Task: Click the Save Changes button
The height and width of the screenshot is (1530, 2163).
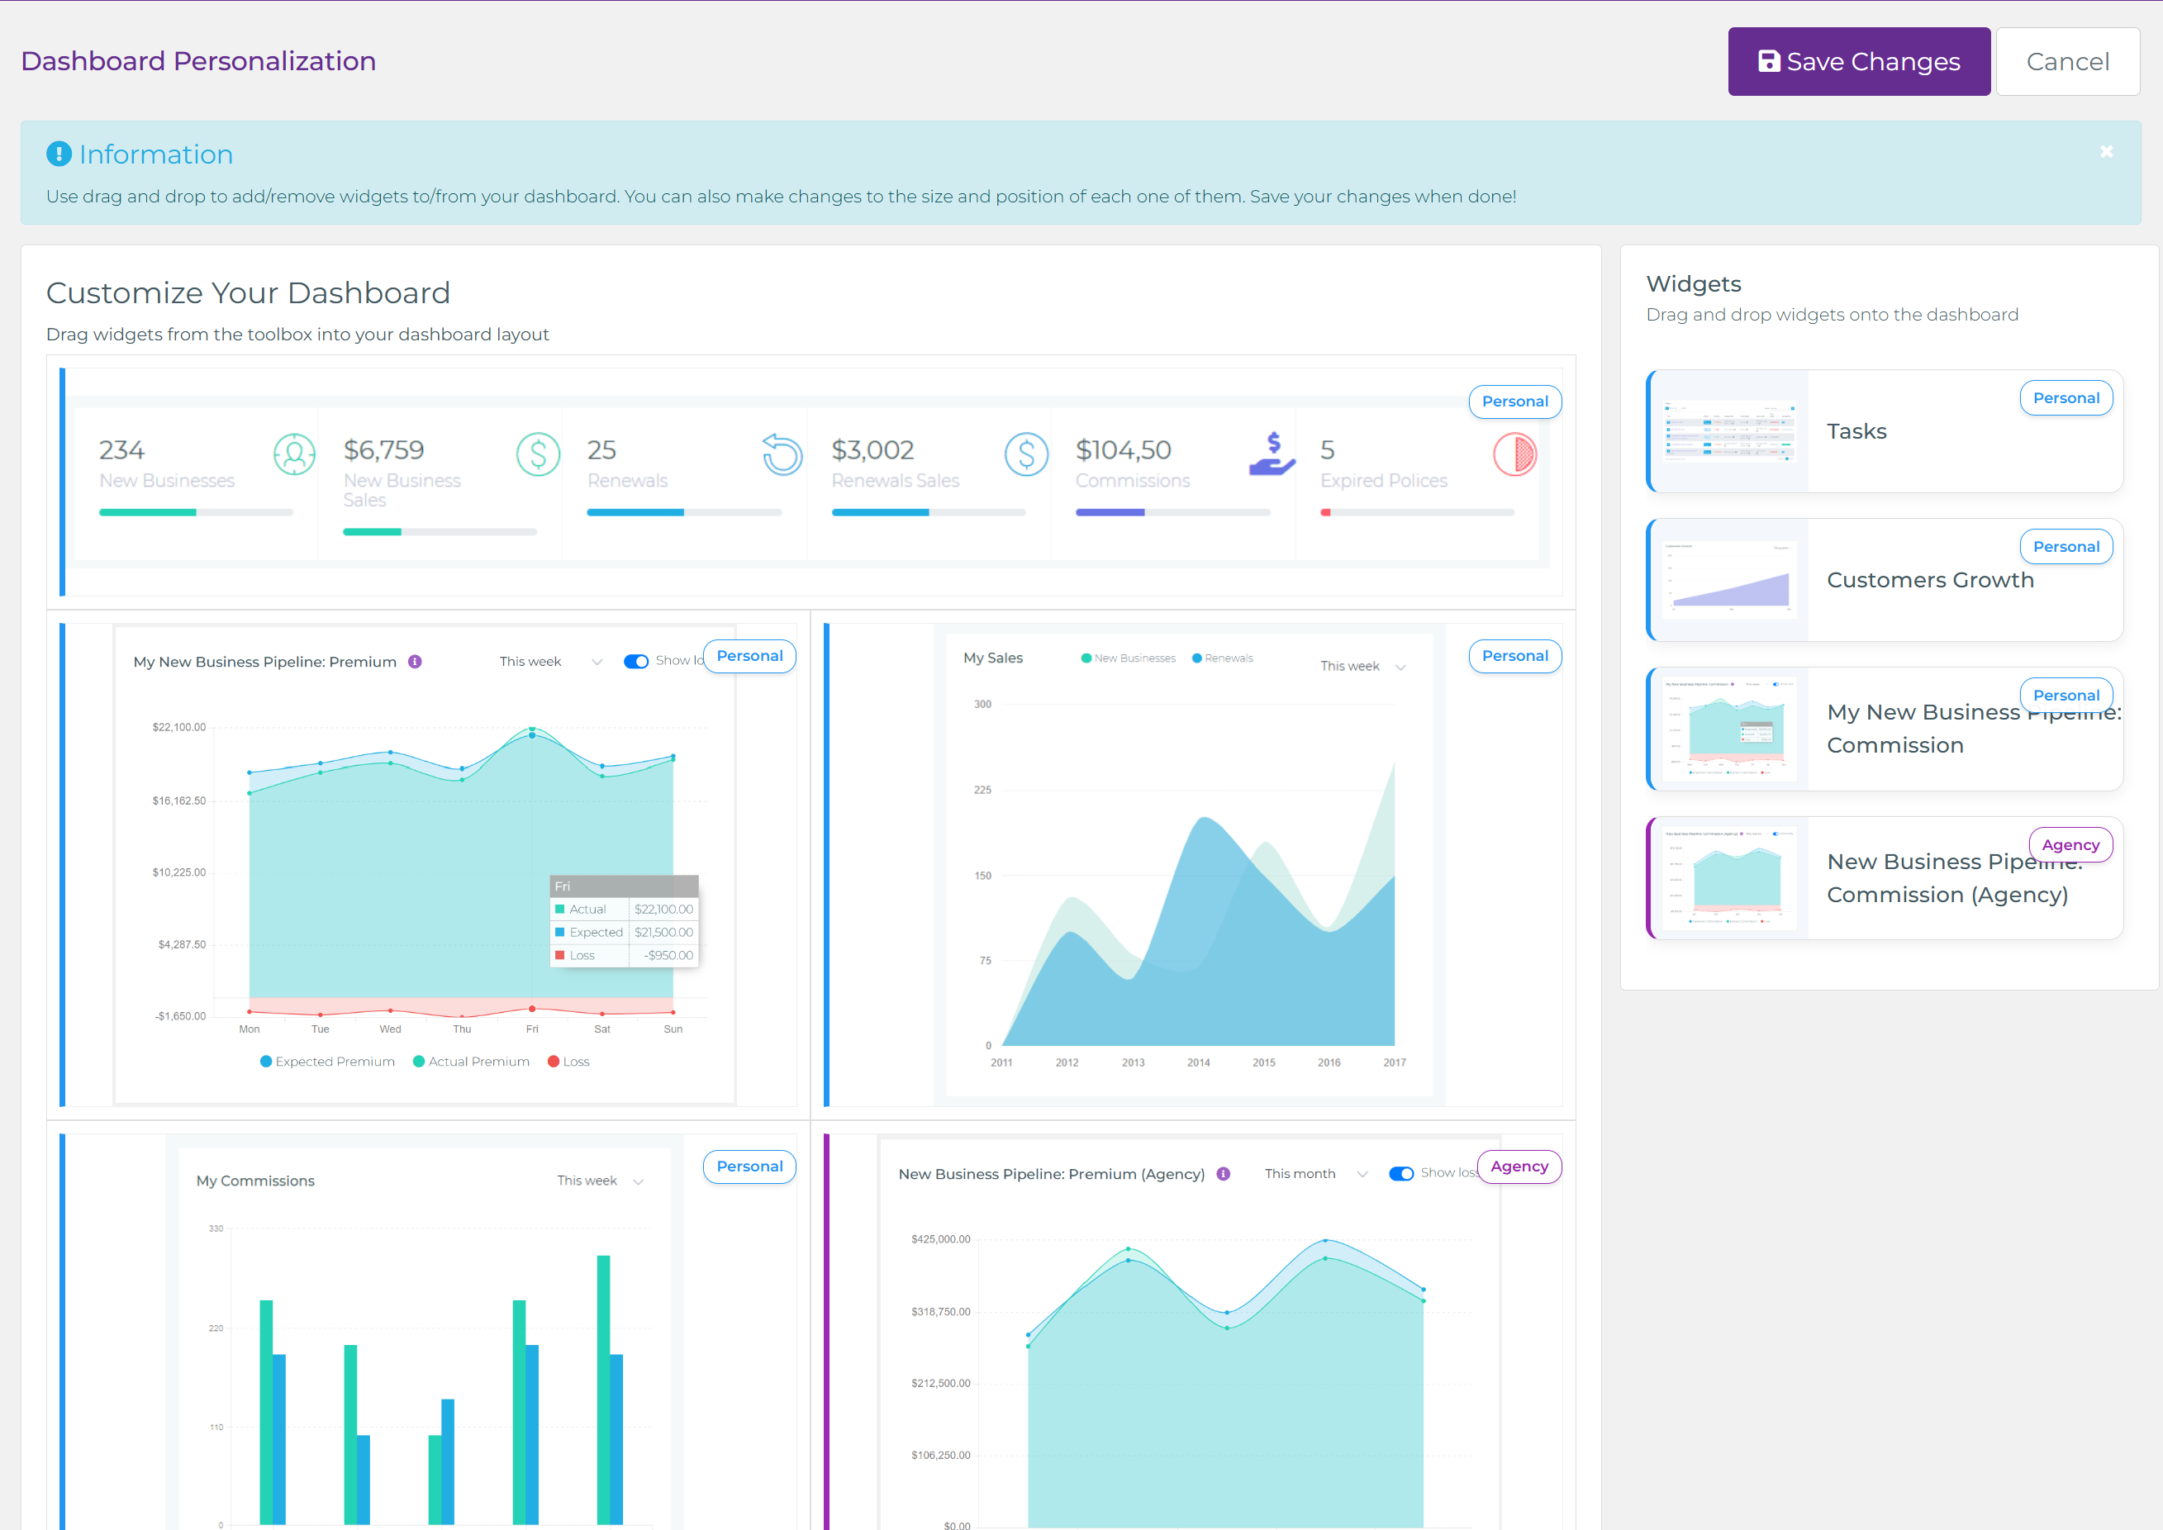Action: (1858, 61)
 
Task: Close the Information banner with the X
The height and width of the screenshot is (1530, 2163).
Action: (2107, 152)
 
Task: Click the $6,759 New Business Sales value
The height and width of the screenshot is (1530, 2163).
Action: (383, 450)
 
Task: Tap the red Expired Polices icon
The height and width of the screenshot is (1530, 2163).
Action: (1514, 454)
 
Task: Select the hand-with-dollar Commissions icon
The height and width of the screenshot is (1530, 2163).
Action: (1271, 454)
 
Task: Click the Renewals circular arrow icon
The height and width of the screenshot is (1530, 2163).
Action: (782, 454)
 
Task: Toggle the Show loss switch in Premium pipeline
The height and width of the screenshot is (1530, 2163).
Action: (636, 662)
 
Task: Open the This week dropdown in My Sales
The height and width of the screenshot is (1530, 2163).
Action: (1362, 666)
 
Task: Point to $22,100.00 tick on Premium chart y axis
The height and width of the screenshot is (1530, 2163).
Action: (179, 727)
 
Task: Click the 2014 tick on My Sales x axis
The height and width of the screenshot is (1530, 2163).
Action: (1198, 1062)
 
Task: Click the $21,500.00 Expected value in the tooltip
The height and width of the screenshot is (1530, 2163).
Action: (663, 932)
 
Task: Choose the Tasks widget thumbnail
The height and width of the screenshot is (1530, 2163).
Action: (1729, 431)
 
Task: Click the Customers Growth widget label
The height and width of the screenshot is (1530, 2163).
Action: (1929, 580)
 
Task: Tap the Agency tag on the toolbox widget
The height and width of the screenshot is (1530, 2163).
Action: (2070, 845)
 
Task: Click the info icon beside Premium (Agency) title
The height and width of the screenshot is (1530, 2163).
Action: (1223, 1174)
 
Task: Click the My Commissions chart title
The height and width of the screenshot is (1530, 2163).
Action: (255, 1181)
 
